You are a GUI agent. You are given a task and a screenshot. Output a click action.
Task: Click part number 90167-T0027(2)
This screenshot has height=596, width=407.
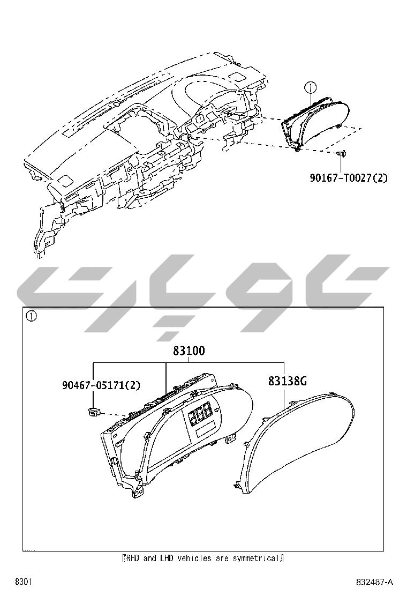coord(348,177)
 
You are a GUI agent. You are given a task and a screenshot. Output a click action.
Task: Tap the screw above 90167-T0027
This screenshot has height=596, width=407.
coord(342,154)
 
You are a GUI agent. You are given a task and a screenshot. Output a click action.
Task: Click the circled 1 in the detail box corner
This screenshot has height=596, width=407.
coord(32,316)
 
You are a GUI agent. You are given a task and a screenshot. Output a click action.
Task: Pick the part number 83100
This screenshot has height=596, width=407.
coord(189,351)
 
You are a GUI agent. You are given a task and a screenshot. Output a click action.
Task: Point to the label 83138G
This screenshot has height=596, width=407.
coord(287,381)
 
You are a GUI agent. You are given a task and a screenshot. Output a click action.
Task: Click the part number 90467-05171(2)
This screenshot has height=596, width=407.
coord(101,385)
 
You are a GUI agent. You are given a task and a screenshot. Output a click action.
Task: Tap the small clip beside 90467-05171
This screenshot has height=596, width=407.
coord(92,412)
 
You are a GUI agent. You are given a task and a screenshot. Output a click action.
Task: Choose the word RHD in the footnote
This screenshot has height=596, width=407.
coord(132,558)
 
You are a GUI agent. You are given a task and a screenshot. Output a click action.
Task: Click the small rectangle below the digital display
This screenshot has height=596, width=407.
coord(206,430)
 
